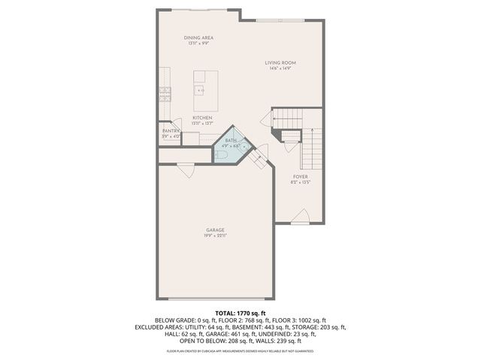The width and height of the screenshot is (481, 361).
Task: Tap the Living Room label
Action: tap(280, 62)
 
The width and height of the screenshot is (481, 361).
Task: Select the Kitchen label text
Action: tap(201, 118)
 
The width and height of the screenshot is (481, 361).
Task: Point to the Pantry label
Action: tap(171, 131)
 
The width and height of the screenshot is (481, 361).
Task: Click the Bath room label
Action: tap(231, 141)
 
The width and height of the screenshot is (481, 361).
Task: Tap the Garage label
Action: tap(216, 229)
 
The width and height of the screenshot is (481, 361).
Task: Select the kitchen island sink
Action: tap(201, 90)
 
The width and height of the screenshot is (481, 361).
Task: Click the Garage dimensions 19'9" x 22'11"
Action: tap(216, 235)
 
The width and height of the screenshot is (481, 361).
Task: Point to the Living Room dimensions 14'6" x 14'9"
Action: tap(280, 68)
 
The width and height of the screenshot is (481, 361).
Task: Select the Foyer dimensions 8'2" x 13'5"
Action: tap(301, 182)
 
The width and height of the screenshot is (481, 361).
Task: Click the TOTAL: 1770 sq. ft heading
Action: tap(240, 312)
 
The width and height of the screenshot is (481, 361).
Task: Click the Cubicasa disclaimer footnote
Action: tap(240, 351)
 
